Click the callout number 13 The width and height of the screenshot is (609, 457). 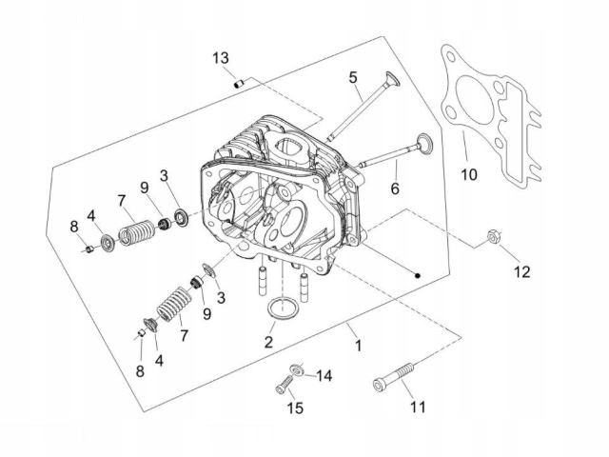(x=221, y=59)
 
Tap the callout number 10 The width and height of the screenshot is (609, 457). (x=467, y=174)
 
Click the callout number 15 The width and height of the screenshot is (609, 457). (x=295, y=408)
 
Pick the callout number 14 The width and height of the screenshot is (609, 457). (x=324, y=376)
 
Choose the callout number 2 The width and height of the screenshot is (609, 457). (x=269, y=341)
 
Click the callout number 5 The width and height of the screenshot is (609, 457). (x=352, y=76)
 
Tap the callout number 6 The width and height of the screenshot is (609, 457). (x=395, y=189)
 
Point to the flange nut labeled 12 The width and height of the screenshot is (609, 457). (x=494, y=238)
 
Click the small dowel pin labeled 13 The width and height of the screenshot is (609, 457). (x=240, y=84)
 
